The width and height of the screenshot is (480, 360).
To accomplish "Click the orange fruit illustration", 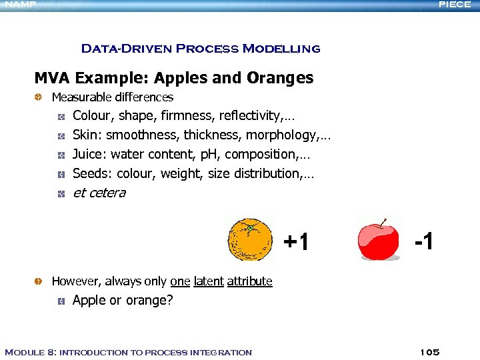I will click(x=249, y=239).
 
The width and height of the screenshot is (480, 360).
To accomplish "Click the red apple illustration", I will click(x=378, y=241).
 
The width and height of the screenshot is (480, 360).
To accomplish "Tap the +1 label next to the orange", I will click(x=296, y=242).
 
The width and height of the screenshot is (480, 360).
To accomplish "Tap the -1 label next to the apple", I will click(x=423, y=241).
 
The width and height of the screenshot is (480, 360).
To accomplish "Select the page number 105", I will click(x=430, y=352).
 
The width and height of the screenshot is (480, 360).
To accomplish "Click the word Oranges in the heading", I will click(x=280, y=78).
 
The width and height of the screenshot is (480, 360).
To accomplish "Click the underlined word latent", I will click(x=209, y=281).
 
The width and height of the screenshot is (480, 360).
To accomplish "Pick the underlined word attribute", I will click(x=249, y=281).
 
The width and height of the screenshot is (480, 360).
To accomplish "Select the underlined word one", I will click(x=180, y=281).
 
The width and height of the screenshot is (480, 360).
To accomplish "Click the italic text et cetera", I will click(x=99, y=193).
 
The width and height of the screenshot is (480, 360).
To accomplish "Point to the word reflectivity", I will click(x=249, y=116).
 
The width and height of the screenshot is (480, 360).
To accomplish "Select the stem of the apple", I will click(x=383, y=222).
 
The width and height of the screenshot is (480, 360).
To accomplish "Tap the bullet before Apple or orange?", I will click(x=60, y=301).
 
